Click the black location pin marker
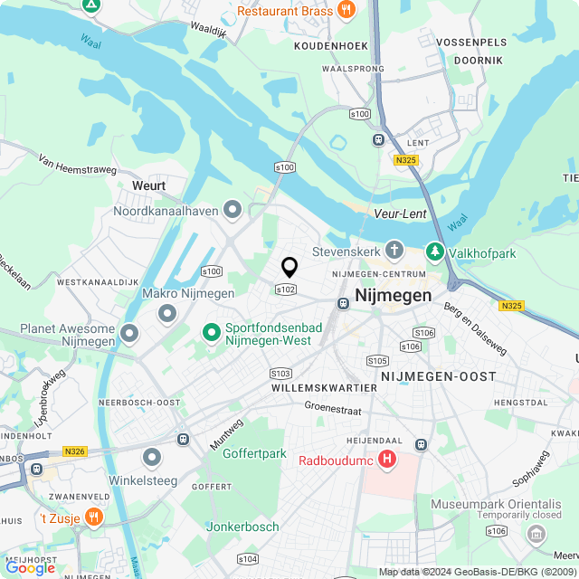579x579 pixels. (x=289, y=267)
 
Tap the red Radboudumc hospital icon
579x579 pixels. (x=387, y=460)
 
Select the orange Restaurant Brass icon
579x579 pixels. (x=345, y=10)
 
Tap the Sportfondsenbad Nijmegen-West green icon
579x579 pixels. (x=212, y=333)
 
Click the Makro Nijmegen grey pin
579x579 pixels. (x=167, y=313)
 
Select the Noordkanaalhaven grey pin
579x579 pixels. (x=233, y=211)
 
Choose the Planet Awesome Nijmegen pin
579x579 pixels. (x=129, y=334)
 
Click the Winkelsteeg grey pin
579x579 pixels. (x=152, y=458)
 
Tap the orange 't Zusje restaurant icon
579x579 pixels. (x=94, y=517)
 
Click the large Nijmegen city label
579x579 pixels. (x=394, y=295)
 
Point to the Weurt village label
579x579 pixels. (x=149, y=185)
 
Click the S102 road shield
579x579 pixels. (x=285, y=289)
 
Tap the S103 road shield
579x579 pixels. (x=280, y=373)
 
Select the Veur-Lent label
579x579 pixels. (x=400, y=214)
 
